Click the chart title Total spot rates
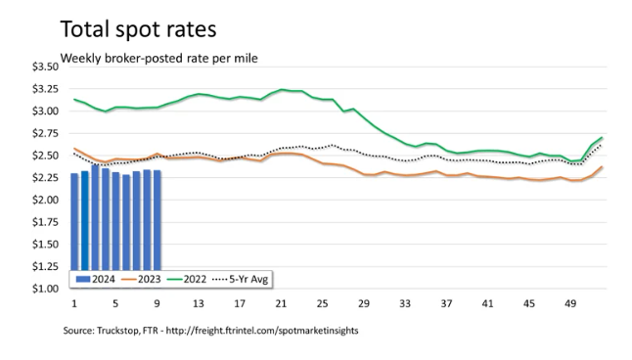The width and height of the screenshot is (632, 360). [x=138, y=29]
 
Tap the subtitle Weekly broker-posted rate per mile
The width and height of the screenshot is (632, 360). [x=158, y=59]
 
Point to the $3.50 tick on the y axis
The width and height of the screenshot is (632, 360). [x=46, y=67]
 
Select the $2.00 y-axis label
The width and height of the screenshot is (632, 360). [x=46, y=200]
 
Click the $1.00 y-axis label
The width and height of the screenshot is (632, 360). [x=46, y=289]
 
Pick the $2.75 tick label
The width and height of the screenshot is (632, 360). [x=46, y=133]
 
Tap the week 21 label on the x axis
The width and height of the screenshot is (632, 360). [x=281, y=303]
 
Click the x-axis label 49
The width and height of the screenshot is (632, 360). [x=570, y=303]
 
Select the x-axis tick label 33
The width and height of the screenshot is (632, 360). [x=405, y=303]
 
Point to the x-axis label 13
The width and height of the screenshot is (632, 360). [x=199, y=303]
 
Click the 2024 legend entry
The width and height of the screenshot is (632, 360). [x=96, y=279]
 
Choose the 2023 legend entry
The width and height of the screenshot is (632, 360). [x=141, y=279]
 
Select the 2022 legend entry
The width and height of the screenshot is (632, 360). [x=187, y=279]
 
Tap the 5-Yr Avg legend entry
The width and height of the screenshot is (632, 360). [x=241, y=279]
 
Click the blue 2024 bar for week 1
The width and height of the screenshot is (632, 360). [x=74, y=222]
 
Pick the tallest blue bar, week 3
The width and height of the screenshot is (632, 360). [x=96, y=218]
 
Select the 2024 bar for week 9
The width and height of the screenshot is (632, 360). [x=158, y=220]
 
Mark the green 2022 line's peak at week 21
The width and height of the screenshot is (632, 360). [x=282, y=89]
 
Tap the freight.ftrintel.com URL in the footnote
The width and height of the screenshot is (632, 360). [x=262, y=331]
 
